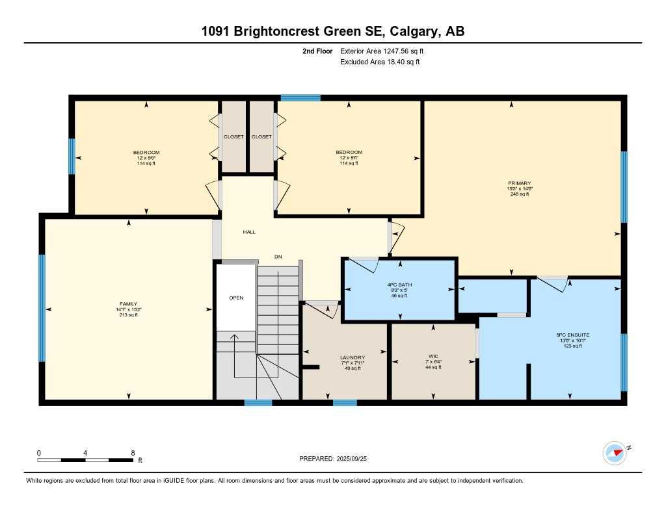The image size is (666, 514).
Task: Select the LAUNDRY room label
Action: tap(352, 357)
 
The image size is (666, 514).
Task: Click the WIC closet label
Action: tap(433, 356)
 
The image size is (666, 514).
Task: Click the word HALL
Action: tap(249, 232)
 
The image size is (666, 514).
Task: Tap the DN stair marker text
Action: tap(278, 257)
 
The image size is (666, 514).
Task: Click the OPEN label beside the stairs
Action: tap(235, 299)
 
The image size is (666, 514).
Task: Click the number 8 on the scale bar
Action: tap(133, 453)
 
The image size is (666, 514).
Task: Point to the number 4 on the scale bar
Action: tap(86, 453)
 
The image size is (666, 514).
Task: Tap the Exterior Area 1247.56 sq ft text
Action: tap(382, 51)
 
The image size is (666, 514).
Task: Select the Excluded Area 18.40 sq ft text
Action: tap(380, 62)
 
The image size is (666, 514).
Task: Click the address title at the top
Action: tap(332, 31)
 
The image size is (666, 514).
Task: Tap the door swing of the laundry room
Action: tap(323, 308)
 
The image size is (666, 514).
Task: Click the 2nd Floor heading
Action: tap(317, 51)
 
